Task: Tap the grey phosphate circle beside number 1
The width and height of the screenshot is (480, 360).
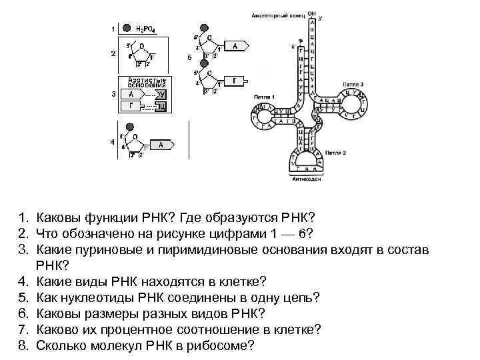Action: [x=127, y=29]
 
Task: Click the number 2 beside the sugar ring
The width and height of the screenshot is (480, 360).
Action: [x=113, y=53]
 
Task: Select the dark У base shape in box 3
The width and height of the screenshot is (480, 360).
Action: [x=161, y=95]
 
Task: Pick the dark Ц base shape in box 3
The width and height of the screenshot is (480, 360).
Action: [x=160, y=106]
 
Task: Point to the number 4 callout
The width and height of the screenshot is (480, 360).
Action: [x=113, y=141]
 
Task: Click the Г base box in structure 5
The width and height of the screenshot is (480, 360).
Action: [x=236, y=81]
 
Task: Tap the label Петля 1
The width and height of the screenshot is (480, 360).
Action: [x=264, y=96]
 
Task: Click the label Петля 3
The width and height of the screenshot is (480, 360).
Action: [x=353, y=85]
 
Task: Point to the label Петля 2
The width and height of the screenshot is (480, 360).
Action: [x=335, y=153]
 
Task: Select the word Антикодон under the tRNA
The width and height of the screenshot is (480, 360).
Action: [x=307, y=179]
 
